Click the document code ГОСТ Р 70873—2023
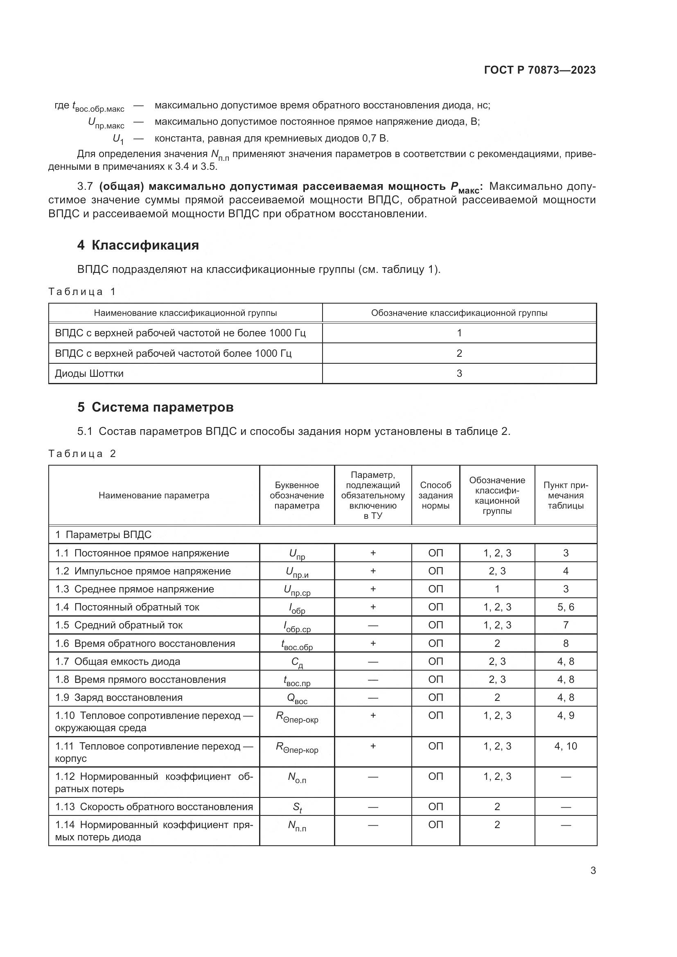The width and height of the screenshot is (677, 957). (x=540, y=70)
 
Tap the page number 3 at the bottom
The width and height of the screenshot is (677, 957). (x=593, y=870)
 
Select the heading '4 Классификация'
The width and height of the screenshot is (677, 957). (x=138, y=245)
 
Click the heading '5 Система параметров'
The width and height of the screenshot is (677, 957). (x=155, y=407)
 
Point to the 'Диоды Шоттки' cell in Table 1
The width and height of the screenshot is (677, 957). (x=89, y=374)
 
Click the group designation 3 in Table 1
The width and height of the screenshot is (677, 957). (x=459, y=374)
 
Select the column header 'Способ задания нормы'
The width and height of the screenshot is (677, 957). (x=435, y=495)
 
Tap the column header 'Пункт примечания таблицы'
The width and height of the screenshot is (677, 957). (x=565, y=495)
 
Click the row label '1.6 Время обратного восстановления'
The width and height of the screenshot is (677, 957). (x=145, y=644)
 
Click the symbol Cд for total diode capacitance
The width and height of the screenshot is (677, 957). (x=297, y=662)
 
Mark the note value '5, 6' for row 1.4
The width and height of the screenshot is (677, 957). (x=565, y=607)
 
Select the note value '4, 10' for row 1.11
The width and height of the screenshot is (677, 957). (x=565, y=746)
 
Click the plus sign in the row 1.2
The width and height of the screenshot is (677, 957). (x=373, y=571)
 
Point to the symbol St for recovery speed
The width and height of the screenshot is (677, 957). (x=297, y=807)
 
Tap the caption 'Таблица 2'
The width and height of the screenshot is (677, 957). (x=82, y=453)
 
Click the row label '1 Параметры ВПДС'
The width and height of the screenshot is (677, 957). (x=104, y=535)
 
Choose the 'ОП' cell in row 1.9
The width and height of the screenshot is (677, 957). (x=435, y=698)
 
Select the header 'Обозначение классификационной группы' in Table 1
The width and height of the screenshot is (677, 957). (x=459, y=313)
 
